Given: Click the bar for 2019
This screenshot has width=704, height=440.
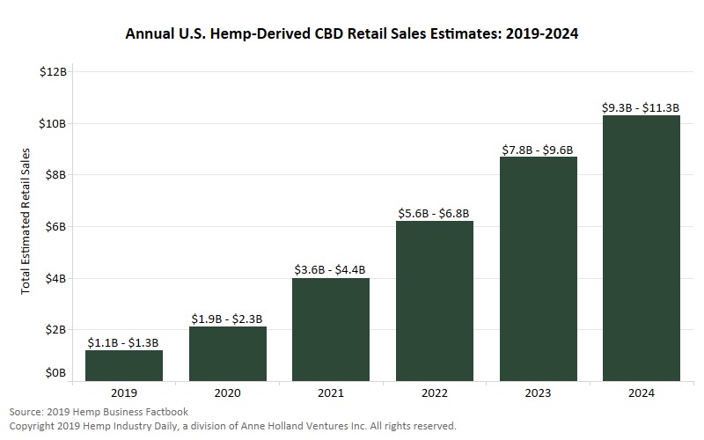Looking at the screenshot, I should (123, 365).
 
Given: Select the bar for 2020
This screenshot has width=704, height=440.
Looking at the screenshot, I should (227, 354).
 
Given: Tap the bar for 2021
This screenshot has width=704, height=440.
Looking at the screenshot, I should (331, 329).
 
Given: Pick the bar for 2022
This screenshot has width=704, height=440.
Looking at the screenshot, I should (435, 301).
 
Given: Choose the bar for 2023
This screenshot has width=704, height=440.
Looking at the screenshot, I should (538, 268).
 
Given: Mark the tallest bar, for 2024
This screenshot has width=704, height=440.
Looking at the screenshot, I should (642, 248).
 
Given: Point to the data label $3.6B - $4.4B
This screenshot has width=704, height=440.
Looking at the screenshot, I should (331, 269).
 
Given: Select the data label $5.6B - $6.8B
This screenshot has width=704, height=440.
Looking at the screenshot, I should (435, 213).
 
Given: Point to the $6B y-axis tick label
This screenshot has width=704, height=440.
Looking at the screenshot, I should (55, 226).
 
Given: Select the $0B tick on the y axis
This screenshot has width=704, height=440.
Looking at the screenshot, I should (55, 374).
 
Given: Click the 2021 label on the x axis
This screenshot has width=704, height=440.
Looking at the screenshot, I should (331, 394).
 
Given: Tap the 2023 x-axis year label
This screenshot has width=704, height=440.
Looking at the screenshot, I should (538, 394).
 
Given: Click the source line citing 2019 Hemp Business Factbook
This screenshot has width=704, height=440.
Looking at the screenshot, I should (99, 412).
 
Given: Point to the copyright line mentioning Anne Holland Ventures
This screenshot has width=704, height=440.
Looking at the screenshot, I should (233, 426).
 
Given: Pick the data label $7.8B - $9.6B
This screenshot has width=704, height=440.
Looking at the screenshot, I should (538, 150).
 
